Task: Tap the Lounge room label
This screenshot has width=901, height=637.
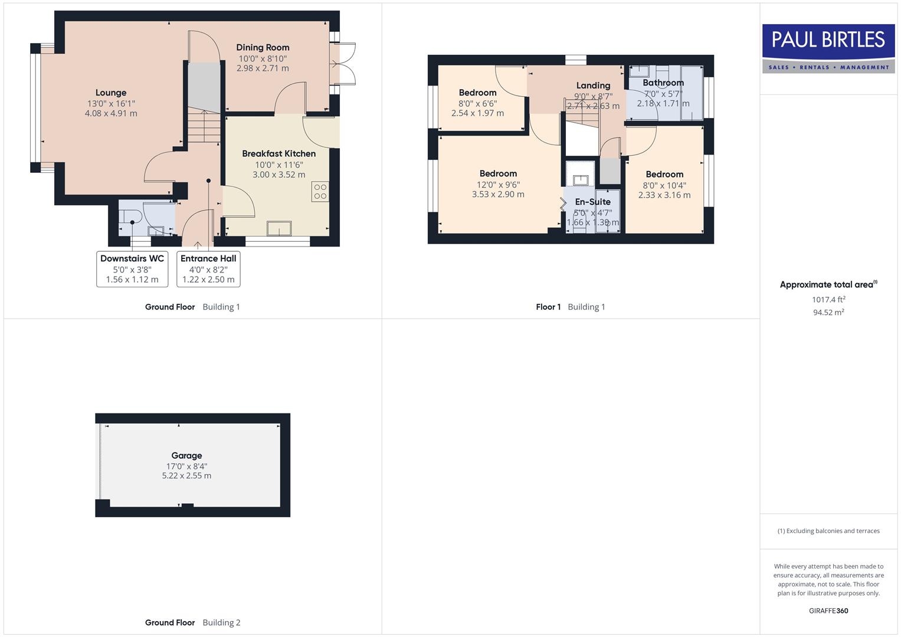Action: tap(111, 93)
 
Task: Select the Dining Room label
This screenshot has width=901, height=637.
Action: tap(263, 47)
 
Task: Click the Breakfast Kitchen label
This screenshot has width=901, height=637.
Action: tap(279, 153)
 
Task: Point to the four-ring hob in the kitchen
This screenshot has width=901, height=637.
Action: tap(320, 192)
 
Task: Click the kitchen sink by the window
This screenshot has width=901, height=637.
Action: tap(279, 228)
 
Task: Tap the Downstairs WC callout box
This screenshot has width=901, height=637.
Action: tap(132, 269)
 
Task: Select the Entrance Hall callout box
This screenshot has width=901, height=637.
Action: tap(208, 269)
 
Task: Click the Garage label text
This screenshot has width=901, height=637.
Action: tap(186, 455)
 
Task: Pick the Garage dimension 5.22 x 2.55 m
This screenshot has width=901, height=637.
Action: tap(186, 475)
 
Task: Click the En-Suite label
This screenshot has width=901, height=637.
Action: tap(592, 202)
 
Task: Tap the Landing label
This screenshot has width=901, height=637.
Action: tap(593, 86)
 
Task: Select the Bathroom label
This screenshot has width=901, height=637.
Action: tap(663, 83)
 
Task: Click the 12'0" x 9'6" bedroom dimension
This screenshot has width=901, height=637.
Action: tap(498, 184)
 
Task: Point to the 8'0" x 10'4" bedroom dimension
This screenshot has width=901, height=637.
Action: tap(664, 185)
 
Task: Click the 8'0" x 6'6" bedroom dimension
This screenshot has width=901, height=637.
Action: tap(477, 103)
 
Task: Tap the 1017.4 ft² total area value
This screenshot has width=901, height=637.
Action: tap(828, 300)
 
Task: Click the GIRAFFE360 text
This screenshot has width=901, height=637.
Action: tap(828, 610)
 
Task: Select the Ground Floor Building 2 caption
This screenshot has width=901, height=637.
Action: tap(192, 622)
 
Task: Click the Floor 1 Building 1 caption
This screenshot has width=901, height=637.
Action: tap(570, 307)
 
